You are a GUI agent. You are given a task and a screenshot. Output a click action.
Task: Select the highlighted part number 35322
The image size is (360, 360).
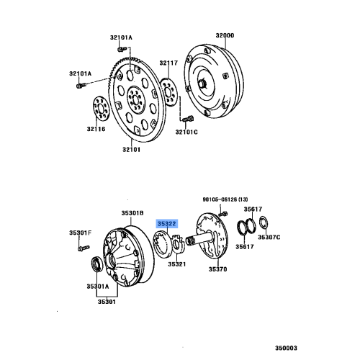(x=167, y=224)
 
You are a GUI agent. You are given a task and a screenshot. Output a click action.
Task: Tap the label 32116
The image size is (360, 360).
(x=96, y=129)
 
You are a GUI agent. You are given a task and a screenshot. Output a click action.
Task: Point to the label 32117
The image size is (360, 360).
(x=168, y=63)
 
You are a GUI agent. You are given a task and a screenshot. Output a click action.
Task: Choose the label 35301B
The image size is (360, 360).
(x=132, y=214)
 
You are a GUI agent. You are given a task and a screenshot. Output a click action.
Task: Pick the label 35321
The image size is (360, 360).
(x=177, y=264)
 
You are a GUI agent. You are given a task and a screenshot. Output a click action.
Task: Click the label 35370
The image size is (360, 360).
(x=217, y=269)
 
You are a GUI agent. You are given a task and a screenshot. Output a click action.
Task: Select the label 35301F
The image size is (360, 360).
(x=81, y=232)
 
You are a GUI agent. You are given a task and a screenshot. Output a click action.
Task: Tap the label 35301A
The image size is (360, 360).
(x=98, y=286)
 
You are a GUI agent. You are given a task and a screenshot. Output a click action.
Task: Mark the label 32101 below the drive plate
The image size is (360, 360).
(x=131, y=150)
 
